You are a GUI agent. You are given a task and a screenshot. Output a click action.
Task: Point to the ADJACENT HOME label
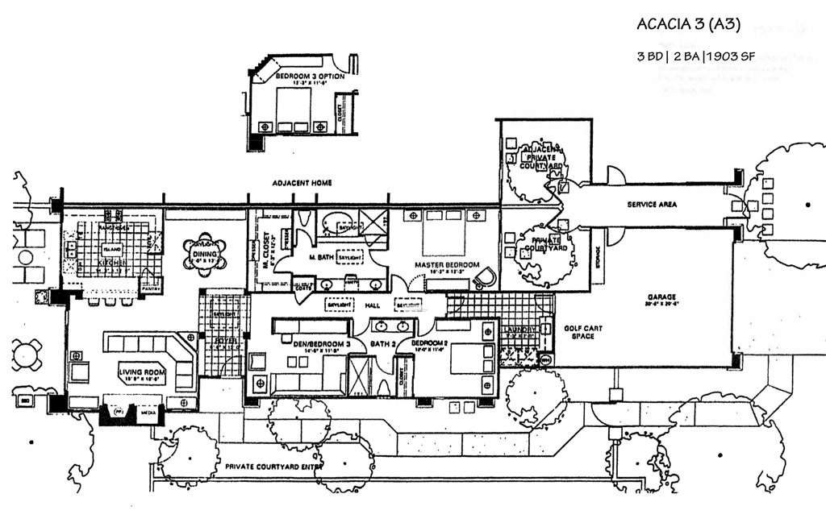(x=302, y=183)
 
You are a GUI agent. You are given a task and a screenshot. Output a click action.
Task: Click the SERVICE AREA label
(x=652, y=205)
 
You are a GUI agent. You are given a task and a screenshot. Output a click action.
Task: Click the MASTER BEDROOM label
(x=448, y=265)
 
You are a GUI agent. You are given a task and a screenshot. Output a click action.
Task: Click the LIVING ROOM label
(x=142, y=372)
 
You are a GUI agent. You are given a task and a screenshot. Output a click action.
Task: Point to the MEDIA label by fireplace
(x=148, y=410)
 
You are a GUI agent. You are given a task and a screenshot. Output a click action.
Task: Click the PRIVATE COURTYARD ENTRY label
(x=274, y=467)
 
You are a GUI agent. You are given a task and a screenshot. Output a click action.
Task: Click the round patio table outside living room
(x=27, y=354)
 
